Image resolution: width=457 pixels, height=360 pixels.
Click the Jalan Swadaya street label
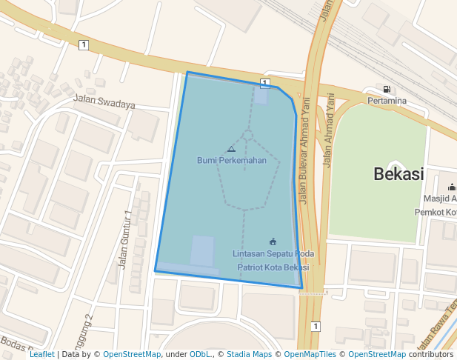pos(104,102)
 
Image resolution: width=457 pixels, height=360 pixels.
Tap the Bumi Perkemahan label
pos(231,160)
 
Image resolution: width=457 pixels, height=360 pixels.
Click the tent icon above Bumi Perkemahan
pos(231,149)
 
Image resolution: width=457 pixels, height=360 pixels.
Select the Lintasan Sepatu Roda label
pos(273,254)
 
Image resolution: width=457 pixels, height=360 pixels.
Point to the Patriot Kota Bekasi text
pos(273,267)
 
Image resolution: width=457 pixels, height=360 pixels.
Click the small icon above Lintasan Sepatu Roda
pos(273,241)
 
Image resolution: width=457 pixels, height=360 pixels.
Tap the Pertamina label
pos(387,101)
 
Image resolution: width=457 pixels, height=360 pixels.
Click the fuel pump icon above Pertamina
pos(387,90)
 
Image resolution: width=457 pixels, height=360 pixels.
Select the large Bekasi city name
pos(398,175)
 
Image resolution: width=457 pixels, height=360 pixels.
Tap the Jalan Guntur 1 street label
pos(125,239)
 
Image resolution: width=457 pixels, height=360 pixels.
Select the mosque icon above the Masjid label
pos(452,187)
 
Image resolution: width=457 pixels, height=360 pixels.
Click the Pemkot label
pos(435,213)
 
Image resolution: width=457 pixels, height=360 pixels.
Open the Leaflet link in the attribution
pos(41,354)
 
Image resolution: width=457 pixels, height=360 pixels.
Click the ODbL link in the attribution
pos(200,354)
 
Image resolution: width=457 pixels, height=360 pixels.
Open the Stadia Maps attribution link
pos(249,354)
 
